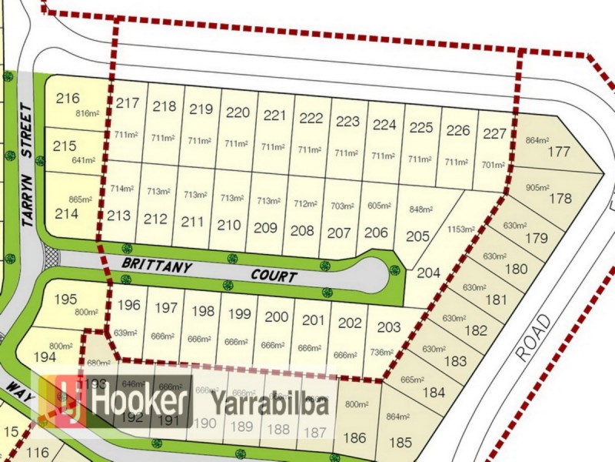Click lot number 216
coord(68,99)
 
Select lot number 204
coord(428,272)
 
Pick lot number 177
coord(559,151)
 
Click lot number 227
coord(495,133)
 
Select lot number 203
coord(388,326)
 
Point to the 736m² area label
coord(382,353)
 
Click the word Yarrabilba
coord(270,403)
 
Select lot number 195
coord(66,299)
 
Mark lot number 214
coord(67,214)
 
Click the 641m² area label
coord(82,160)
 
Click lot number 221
coord(274,115)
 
